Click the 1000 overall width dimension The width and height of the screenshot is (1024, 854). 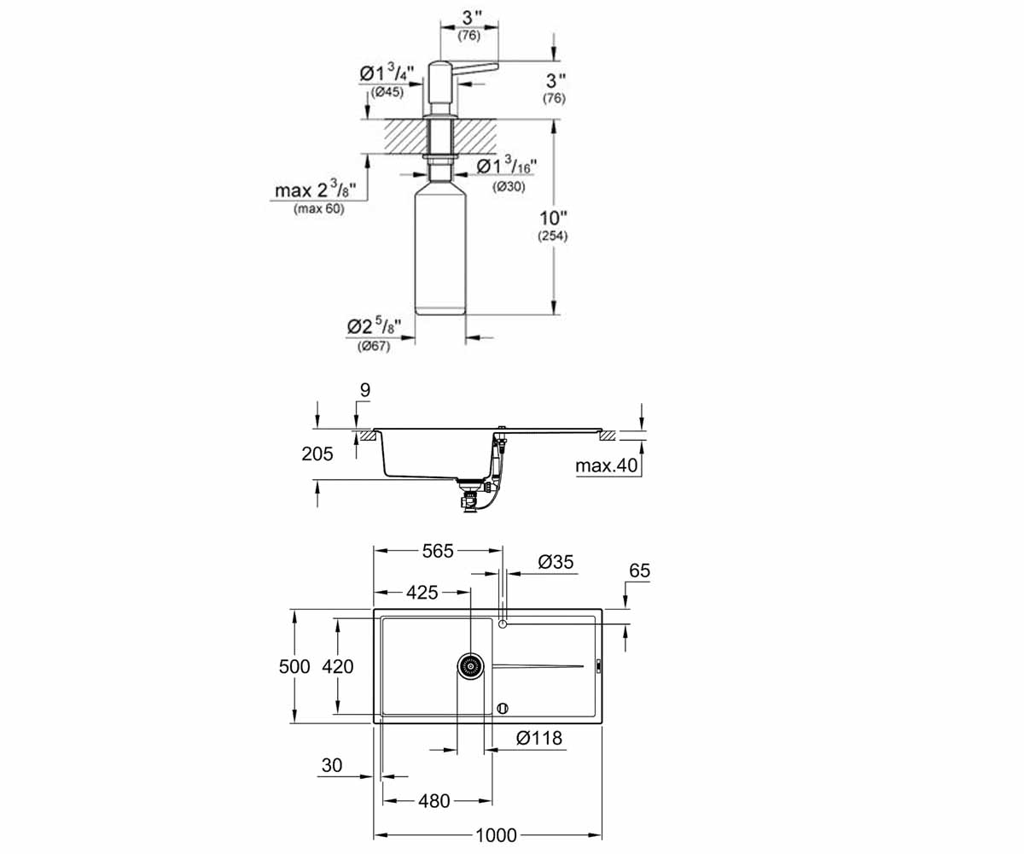(496, 835)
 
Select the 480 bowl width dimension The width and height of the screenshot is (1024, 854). (434, 801)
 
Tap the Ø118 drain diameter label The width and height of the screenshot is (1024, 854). (539, 738)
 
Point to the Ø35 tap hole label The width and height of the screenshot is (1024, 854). (556, 561)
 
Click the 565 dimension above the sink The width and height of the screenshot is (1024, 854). (438, 551)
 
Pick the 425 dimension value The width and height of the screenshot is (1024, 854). (422, 593)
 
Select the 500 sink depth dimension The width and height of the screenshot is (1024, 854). (294, 666)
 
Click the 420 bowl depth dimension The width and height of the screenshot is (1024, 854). (337, 666)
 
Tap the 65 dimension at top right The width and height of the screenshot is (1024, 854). (639, 570)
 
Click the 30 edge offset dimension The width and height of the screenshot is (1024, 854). (332, 765)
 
